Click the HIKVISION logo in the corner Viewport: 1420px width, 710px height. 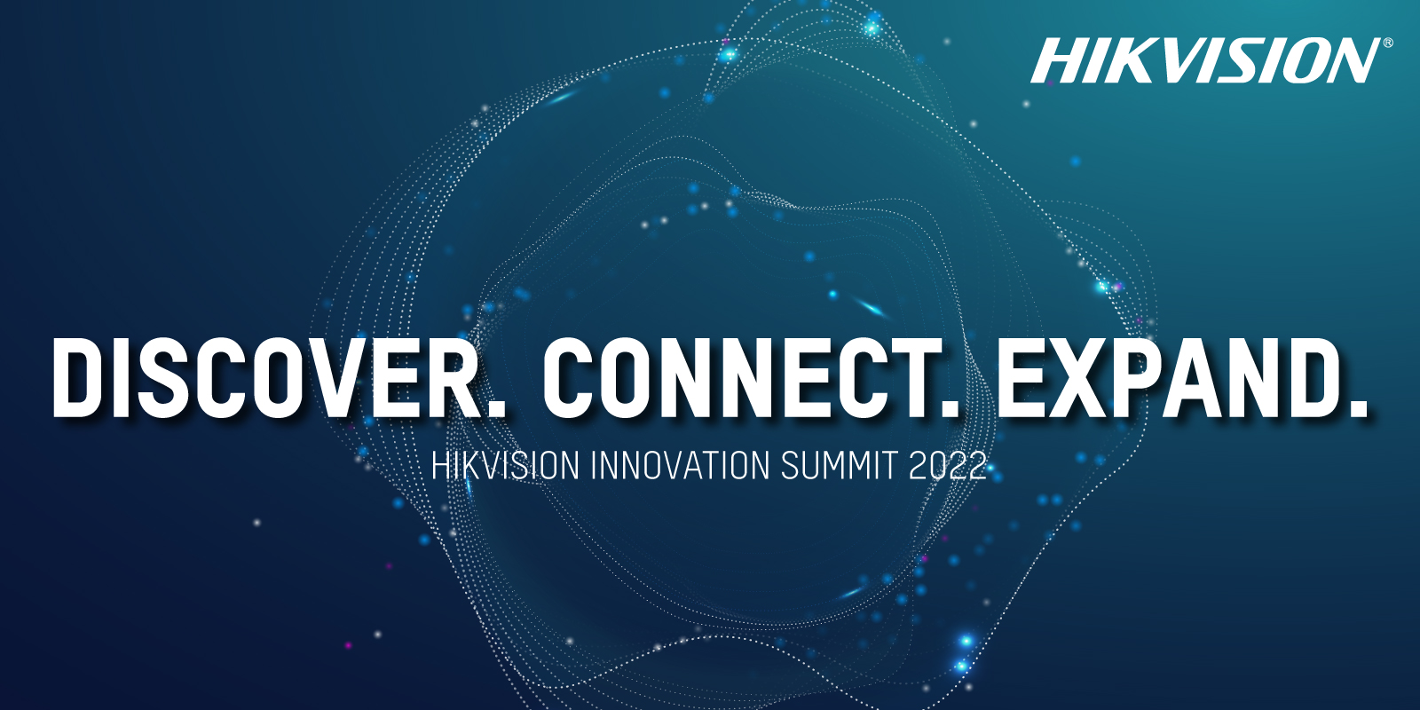[x=1204, y=60]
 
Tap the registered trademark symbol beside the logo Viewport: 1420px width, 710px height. [x=1388, y=43]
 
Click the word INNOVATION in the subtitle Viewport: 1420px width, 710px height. [x=680, y=465]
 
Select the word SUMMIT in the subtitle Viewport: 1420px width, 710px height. [x=840, y=465]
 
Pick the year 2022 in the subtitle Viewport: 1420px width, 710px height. [x=948, y=465]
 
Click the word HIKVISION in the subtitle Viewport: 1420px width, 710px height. [x=505, y=465]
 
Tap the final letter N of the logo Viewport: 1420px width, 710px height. [x=1350, y=60]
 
